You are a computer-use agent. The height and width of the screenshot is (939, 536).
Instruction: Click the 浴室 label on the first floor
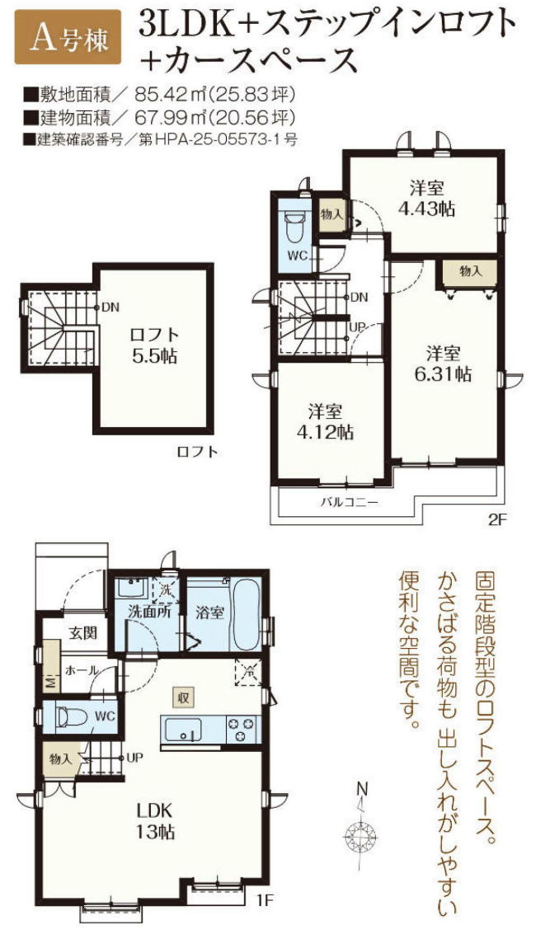click(x=209, y=613)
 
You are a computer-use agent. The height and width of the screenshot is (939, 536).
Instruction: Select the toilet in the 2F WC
click(x=294, y=224)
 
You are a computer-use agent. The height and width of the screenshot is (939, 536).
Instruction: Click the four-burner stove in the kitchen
click(x=242, y=729)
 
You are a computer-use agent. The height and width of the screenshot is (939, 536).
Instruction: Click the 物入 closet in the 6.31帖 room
click(x=470, y=270)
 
